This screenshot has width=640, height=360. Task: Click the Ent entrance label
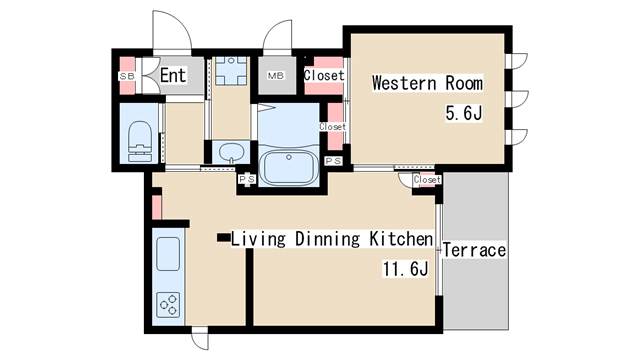click(x=173, y=76)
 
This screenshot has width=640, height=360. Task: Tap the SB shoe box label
click(x=126, y=76)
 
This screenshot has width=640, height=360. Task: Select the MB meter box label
click(x=276, y=76)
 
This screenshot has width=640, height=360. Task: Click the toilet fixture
click(x=140, y=141)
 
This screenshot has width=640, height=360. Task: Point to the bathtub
click(x=289, y=167)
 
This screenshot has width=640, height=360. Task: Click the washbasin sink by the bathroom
click(x=231, y=152)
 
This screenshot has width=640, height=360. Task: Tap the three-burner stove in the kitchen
click(x=168, y=304)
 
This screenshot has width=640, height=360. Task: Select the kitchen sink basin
click(x=168, y=254)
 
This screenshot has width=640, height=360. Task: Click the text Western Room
click(x=427, y=83)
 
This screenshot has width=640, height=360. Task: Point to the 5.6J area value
click(x=464, y=113)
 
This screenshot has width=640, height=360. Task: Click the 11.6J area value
click(x=405, y=269)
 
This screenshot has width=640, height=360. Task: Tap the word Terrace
click(x=474, y=250)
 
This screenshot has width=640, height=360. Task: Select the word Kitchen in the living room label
click(x=401, y=239)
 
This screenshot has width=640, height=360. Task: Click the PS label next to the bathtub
click(x=247, y=179)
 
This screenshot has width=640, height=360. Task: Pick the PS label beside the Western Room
click(x=333, y=161)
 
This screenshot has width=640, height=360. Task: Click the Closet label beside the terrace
click(x=427, y=180)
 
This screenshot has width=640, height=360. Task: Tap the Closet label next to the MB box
click(x=324, y=75)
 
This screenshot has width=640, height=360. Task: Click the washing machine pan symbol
click(x=231, y=71)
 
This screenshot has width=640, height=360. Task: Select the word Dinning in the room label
click(x=327, y=239)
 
